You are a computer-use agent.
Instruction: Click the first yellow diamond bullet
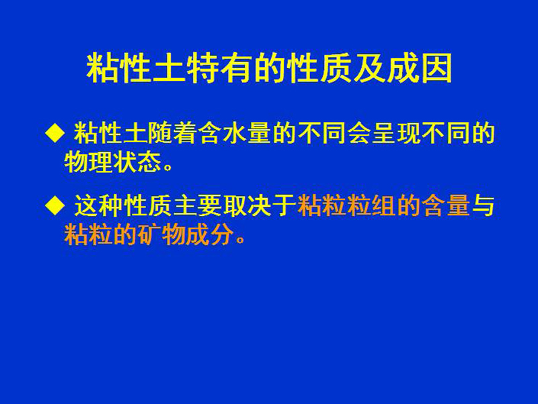55,133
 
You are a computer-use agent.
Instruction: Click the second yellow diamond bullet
55,205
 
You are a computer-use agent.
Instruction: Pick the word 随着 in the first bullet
174,133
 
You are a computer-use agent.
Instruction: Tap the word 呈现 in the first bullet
396,133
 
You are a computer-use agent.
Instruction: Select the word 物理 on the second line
89,162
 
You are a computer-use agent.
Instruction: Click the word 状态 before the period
138,162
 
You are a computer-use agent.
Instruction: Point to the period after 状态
168,168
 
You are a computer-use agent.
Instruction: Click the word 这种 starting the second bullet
99,206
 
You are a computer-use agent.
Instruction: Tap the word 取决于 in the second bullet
260,206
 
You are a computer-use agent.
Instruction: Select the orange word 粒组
371,206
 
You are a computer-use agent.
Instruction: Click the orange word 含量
446,206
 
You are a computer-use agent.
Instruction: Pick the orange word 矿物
162,234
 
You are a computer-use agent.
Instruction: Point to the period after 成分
241,240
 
